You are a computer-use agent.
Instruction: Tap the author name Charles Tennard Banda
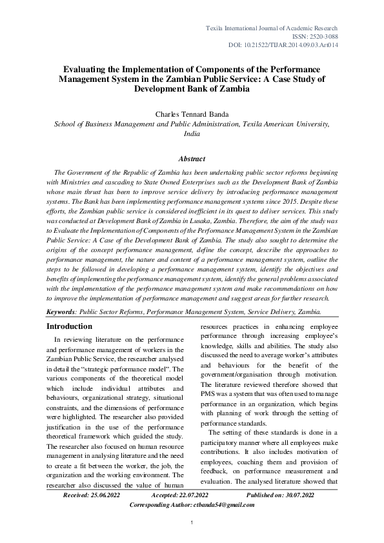coord(192,114)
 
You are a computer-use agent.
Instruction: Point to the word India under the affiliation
coord(192,134)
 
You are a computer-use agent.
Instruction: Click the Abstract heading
coord(192,159)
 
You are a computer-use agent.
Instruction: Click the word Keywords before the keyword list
coord(61,311)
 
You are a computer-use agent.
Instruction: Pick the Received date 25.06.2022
coord(107,495)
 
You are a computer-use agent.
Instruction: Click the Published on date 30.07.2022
coord(294,495)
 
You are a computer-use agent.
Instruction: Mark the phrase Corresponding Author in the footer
coord(158,505)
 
